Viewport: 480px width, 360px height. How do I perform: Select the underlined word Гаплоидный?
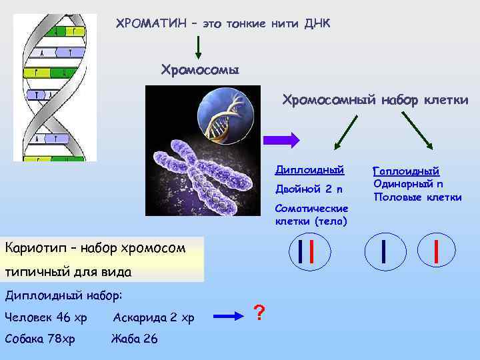(406, 171)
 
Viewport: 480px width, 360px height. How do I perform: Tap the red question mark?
(261, 312)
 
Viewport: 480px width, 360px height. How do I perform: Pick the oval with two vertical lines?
(307, 251)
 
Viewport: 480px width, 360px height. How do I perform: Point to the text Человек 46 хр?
(45, 317)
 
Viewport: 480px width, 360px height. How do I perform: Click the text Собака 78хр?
(39, 339)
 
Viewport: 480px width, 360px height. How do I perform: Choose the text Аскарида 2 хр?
(153, 317)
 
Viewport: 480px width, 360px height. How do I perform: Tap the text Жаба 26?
(135, 339)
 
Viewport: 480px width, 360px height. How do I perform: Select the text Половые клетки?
(417, 197)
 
